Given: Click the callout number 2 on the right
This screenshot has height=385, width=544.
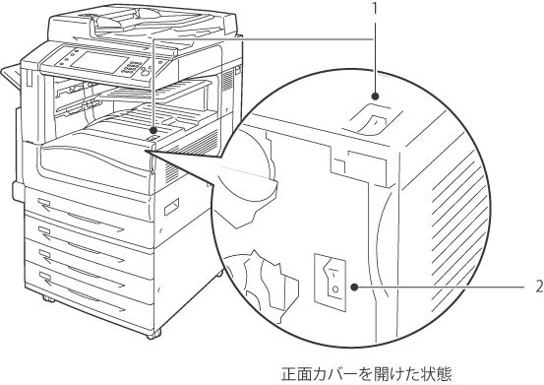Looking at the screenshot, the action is point(539,288).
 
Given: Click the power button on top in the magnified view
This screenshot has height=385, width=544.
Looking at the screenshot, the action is point(373,119).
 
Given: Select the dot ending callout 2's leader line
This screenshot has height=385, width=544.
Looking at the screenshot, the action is point(354,288).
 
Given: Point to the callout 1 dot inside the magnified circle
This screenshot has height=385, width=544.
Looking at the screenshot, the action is point(375,96).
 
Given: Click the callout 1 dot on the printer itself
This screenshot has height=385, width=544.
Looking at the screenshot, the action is point(152,130).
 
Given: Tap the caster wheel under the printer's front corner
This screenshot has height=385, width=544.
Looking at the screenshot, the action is point(152,334).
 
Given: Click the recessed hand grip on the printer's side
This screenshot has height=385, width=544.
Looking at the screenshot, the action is point(172,207).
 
